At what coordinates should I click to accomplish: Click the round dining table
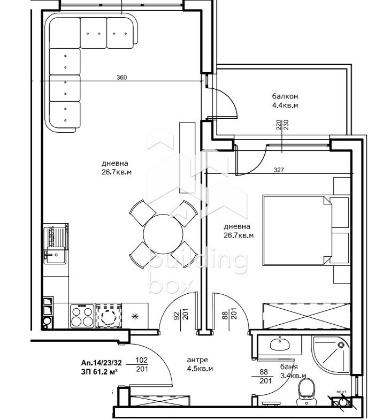tap(163, 234)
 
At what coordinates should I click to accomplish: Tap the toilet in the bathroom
tap(307, 392)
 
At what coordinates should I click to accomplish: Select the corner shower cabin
tap(331, 354)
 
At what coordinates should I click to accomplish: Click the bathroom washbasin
tap(280, 344)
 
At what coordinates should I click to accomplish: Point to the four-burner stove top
tap(82, 316)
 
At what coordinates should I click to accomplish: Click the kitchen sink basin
tap(55, 255)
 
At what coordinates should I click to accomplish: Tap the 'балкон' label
tap(285, 96)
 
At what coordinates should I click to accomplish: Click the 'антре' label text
tap(197, 360)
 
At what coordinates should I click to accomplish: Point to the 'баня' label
tap(289, 366)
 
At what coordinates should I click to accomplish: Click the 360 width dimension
tap(121, 78)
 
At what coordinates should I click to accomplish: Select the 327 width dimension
tap(279, 170)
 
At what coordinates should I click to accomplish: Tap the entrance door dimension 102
tap(142, 360)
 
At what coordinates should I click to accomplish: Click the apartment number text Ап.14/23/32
tap(101, 363)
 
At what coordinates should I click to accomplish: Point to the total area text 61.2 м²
tap(104, 372)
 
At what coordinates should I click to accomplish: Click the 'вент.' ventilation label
tap(342, 392)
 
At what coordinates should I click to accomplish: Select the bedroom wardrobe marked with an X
tap(307, 316)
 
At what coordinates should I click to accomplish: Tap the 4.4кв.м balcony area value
tap(285, 105)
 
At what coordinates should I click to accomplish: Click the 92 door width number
tap(177, 315)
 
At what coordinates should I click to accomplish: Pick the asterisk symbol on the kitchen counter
tap(135, 316)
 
